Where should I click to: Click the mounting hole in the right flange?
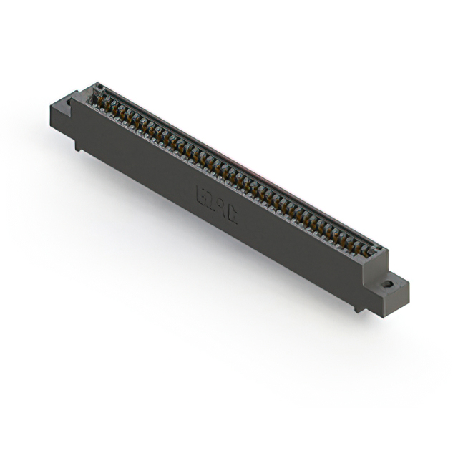point(388,283)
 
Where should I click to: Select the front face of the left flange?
point(60,122)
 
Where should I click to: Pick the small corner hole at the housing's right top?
point(378,248)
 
